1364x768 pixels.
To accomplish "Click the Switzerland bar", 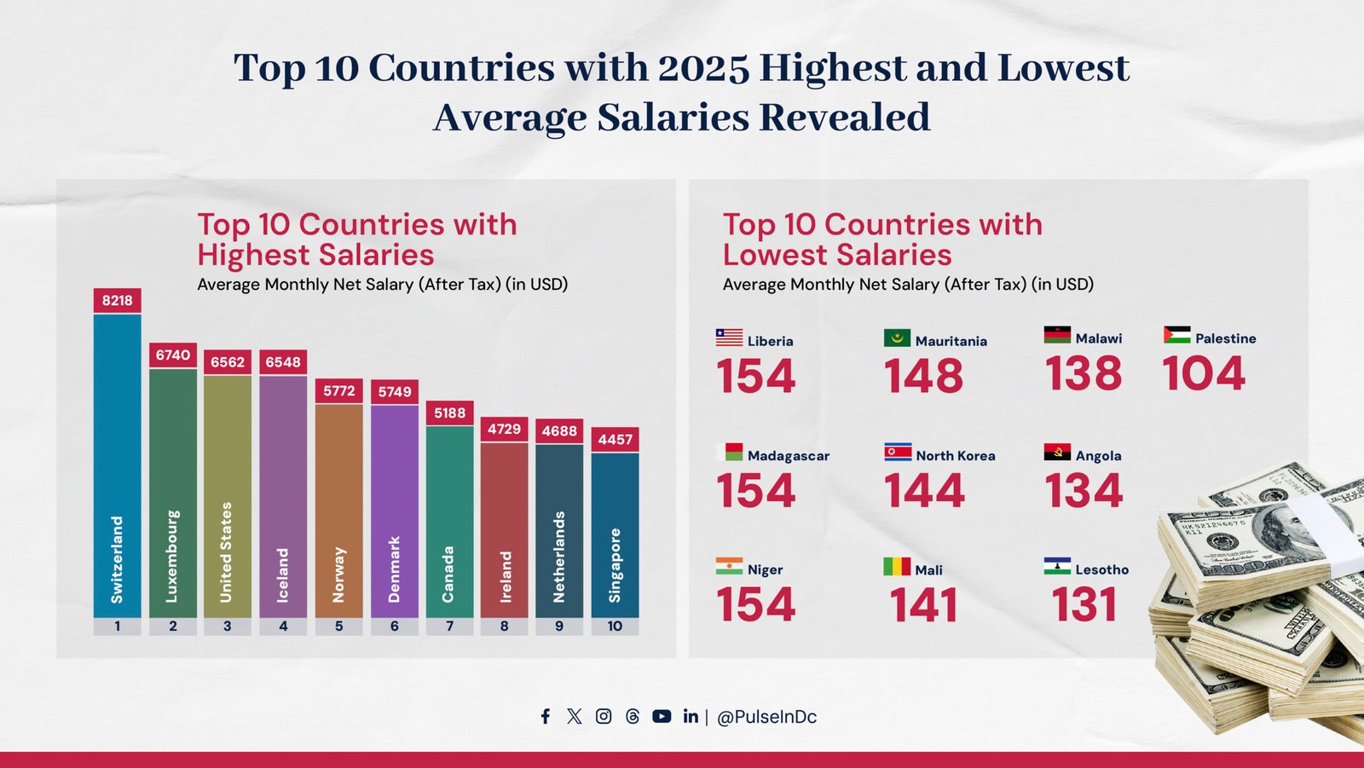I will click(118, 465).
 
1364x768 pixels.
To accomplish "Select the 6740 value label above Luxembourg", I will click(173, 355).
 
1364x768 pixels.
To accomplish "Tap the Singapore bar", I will click(615, 534).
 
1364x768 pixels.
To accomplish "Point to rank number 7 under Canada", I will click(450, 627).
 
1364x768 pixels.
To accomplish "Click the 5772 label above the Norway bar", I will click(338, 390).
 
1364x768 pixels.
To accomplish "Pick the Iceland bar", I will click(283, 496).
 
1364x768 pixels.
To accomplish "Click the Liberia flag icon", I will click(729, 338).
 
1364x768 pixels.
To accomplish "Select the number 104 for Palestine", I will click(1204, 374).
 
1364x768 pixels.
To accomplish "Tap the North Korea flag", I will click(898, 452).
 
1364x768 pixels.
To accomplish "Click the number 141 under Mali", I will click(923, 605).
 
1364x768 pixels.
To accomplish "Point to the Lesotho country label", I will click(1101, 569).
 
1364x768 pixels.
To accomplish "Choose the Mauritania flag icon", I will click(897, 338).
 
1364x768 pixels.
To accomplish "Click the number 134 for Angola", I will click(1084, 491).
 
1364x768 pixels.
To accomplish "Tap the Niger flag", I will click(729, 566).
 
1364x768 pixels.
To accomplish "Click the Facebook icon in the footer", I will click(546, 716).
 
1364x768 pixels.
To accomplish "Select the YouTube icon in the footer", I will click(662, 716).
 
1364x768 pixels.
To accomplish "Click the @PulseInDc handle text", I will click(766, 717).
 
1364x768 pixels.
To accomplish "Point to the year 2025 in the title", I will click(704, 68).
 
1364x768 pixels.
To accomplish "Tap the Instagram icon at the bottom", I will click(604, 716).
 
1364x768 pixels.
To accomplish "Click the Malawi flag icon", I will click(1057, 335).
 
